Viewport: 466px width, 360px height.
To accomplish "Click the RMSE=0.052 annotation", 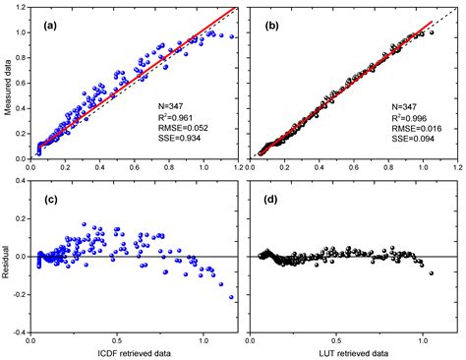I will coord(184,126).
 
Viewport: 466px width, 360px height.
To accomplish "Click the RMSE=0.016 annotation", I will coord(404,126).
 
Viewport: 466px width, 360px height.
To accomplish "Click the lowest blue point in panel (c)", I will coord(232,297).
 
